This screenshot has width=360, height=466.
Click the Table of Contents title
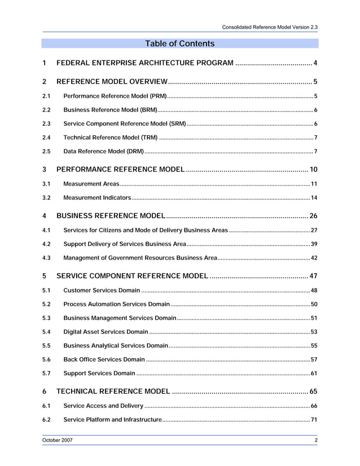[179, 43]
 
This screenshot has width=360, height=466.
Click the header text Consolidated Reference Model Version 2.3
[270, 27]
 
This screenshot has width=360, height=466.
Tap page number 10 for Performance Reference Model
[313, 170]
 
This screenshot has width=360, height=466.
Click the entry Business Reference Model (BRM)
[110, 109]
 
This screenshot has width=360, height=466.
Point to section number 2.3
[47, 124]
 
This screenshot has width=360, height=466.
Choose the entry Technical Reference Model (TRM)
[111, 138]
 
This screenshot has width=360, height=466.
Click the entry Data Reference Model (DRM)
[104, 152]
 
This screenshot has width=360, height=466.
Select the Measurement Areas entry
[91, 184]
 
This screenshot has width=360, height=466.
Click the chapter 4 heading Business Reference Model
[111, 216]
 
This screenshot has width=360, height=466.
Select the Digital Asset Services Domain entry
[106, 332]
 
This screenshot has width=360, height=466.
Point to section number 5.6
[47, 359]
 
